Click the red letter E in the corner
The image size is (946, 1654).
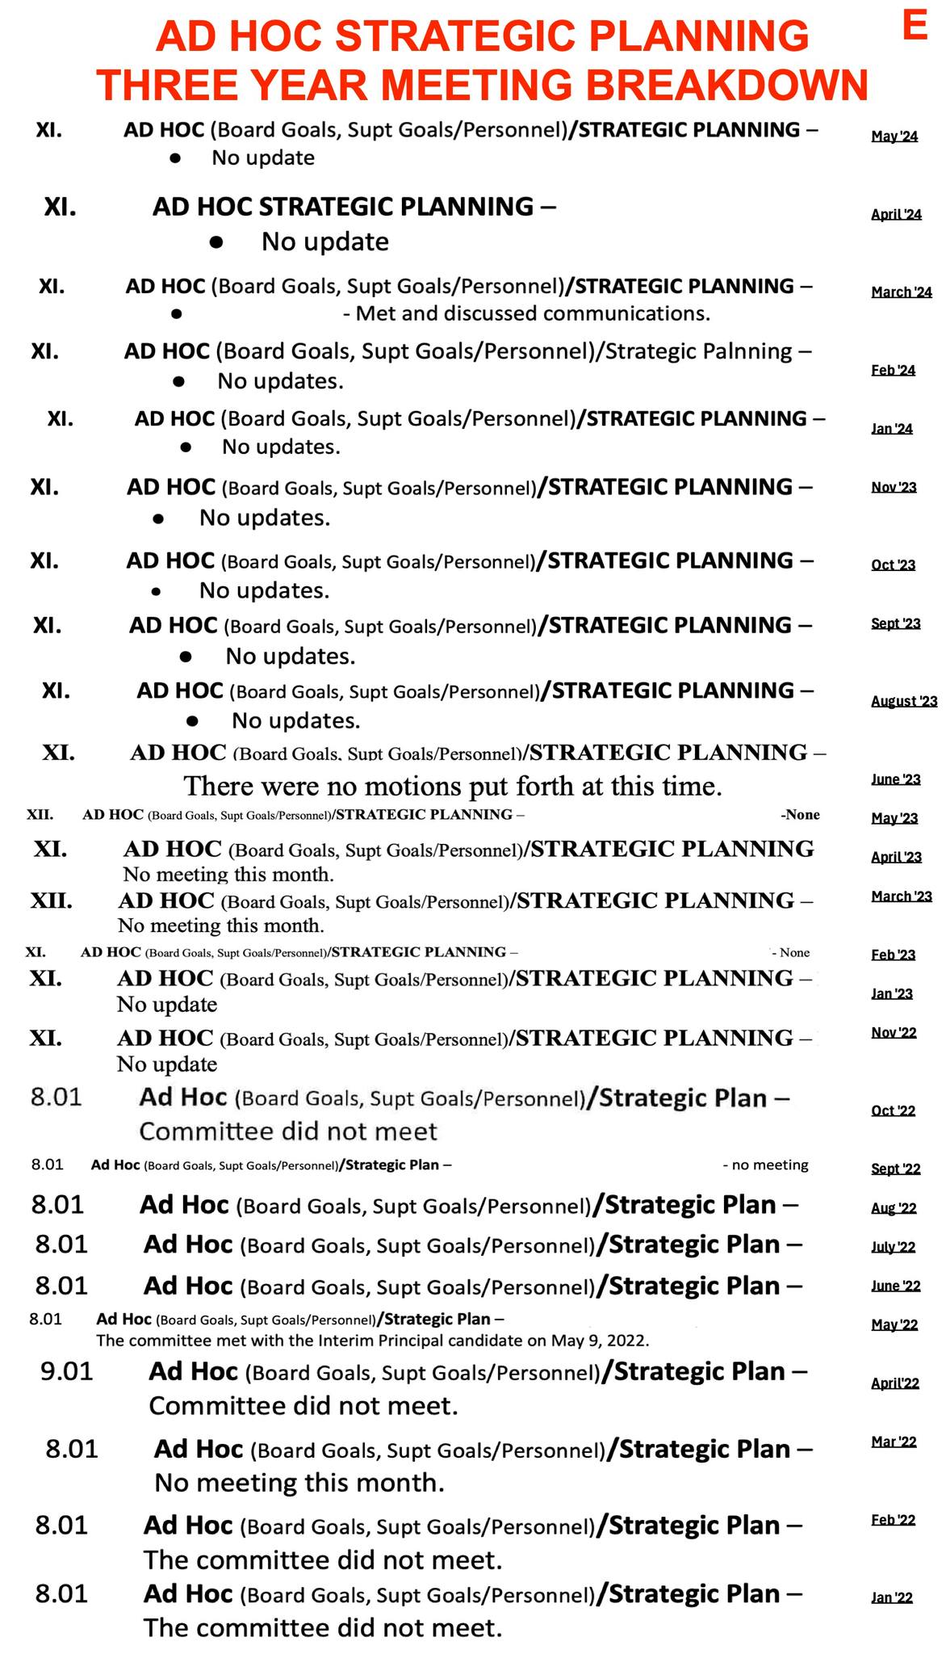[x=914, y=26]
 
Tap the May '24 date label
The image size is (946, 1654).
[x=894, y=136]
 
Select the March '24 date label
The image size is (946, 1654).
[x=901, y=292]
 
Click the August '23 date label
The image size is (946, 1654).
[x=903, y=701]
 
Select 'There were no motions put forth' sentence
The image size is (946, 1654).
[x=453, y=786]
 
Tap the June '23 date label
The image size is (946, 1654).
[x=895, y=779]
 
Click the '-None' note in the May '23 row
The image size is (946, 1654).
[x=800, y=815]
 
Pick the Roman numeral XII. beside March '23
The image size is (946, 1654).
[x=51, y=900]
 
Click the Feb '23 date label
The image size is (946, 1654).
[x=893, y=955]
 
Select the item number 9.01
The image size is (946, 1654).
[x=67, y=1371]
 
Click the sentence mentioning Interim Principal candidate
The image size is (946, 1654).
[x=372, y=1341]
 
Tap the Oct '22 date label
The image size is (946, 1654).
[x=893, y=1110]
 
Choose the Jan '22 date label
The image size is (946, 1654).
[x=892, y=1597]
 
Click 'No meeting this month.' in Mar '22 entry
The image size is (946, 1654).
[x=299, y=1483]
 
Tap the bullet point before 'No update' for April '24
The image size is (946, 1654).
[x=216, y=241]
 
